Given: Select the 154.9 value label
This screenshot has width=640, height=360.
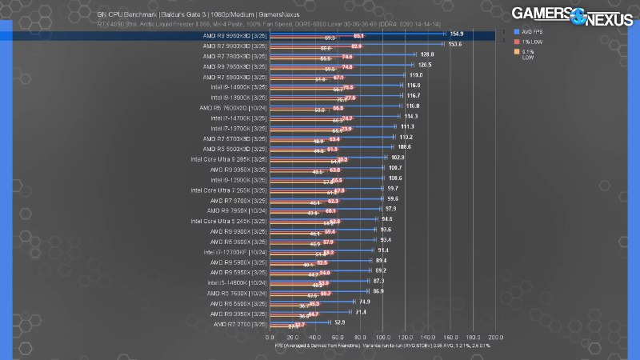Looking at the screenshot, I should (457, 34).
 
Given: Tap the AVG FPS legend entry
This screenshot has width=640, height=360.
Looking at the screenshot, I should (534, 31).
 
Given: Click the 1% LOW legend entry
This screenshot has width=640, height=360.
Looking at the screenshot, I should (533, 41).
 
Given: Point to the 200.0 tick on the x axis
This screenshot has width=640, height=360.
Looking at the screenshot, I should (495, 337).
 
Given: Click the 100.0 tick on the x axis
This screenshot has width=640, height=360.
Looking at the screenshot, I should (382, 337).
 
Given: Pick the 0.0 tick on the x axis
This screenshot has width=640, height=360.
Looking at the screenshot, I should (270, 337).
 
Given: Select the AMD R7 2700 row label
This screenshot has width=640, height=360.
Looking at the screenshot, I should (238, 324).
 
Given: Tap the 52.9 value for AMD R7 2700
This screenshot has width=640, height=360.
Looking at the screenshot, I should (339, 322).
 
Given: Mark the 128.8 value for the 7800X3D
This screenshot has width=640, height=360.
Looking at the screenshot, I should (427, 54).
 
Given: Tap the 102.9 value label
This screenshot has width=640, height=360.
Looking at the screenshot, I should (398, 158).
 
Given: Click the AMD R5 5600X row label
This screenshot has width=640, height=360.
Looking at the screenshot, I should (237, 303).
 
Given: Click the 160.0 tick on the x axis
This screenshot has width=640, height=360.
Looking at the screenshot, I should (450, 337).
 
